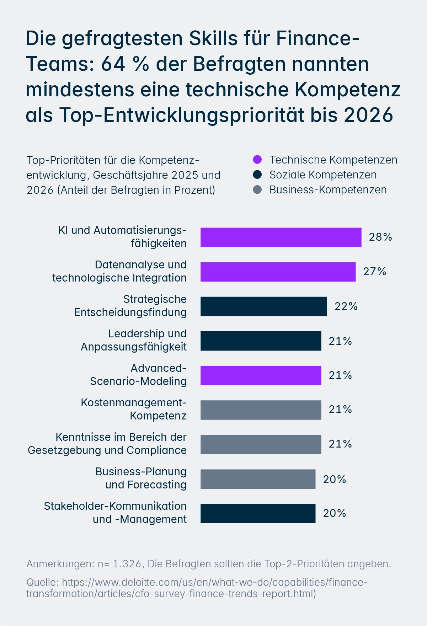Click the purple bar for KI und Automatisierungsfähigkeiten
pyautogui.click(x=281, y=237)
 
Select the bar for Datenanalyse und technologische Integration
pyautogui.click(x=278, y=272)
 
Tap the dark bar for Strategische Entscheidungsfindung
pyautogui.click(x=263, y=306)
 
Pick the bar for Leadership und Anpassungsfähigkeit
pyautogui.click(x=261, y=341)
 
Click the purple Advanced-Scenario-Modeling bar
pyautogui.click(x=261, y=375)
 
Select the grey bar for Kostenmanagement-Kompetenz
pyautogui.click(x=261, y=410)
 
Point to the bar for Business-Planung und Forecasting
pyautogui.click(x=258, y=479)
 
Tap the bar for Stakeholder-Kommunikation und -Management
pyautogui.click(x=258, y=513)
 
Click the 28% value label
pyautogui.click(x=380, y=237)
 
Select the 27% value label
pyautogui.click(x=374, y=272)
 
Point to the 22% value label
pyautogui.click(x=346, y=306)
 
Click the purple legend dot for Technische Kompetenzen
pyautogui.click(x=257, y=160)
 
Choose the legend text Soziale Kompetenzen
pyautogui.click(x=323, y=175)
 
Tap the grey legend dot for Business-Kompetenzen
pyautogui.click(x=257, y=189)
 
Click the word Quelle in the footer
pyautogui.click(x=42, y=582)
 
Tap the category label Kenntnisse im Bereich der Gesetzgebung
pyautogui.click(x=121, y=437)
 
